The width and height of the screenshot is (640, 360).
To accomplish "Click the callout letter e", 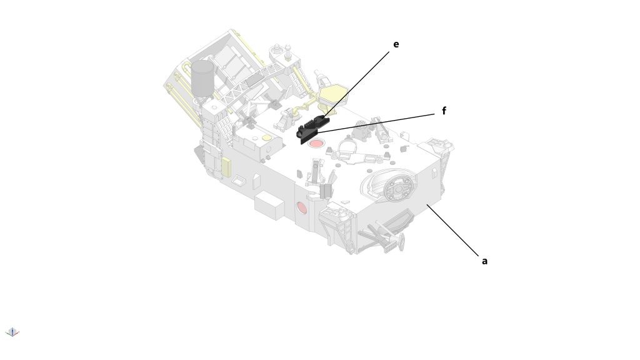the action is click(x=396, y=44).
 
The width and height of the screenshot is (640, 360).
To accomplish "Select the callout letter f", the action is click(x=444, y=111).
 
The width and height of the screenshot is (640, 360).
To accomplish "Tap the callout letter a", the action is click(x=484, y=261).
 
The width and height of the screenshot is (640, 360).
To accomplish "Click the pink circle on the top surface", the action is click(x=316, y=144).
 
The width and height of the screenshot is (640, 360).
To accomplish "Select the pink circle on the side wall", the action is click(x=302, y=207).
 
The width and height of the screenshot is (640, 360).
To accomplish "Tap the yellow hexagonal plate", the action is click(x=332, y=94).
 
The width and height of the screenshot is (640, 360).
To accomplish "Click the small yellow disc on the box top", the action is click(x=266, y=137).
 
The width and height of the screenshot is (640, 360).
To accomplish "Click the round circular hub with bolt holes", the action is click(x=397, y=188).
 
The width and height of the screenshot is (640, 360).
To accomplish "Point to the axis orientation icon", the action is click(x=12, y=332).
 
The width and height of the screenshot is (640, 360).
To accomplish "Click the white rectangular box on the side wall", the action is click(x=269, y=205).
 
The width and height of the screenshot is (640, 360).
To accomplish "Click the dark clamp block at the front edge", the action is click(x=326, y=191).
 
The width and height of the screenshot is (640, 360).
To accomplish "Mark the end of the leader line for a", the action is click(x=427, y=204).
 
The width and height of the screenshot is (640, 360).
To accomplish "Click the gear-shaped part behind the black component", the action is click(x=361, y=130).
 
